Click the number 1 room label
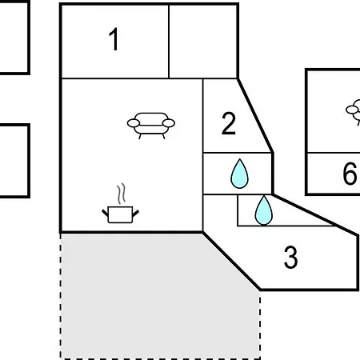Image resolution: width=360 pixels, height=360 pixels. point(114,39)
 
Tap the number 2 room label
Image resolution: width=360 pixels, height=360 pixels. point(229,123)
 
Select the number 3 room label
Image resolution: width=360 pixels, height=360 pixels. point(290,257)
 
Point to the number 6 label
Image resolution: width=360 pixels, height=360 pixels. point(350,174)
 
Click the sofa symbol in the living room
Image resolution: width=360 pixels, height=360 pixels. point(151,126)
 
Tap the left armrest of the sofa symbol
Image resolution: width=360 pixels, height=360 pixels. point(134,123)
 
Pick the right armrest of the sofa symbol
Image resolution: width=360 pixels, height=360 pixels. point(169,123)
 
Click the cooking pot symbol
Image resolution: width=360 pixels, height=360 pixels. point(121,214)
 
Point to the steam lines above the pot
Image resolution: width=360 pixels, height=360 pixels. point(121,194)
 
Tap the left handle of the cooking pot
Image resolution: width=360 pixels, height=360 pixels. point(105,213)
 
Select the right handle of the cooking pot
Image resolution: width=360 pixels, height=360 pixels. point(136,213)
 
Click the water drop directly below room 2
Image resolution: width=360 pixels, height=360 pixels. point(239,174)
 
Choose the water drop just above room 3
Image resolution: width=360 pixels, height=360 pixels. point(264,210)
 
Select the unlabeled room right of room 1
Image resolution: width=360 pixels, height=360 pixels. point(203,42)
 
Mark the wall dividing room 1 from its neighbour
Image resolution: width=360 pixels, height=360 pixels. point(169,42)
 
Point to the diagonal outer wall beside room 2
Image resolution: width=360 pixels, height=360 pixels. point(255,115)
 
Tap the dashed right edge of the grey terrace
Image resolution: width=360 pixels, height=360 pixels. point(260,324)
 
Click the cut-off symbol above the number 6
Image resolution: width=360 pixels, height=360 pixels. point(353,112)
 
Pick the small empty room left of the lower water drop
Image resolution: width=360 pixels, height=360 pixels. point(220,210)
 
